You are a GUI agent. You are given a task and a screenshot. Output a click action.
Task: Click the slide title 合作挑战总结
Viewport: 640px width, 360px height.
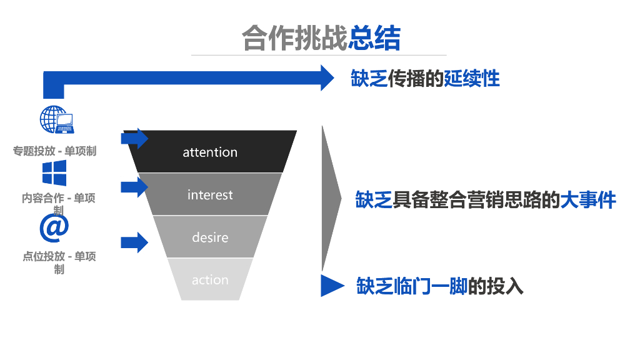[321, 38]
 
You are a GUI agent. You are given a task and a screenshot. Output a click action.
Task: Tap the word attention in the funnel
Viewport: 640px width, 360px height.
[210, 152]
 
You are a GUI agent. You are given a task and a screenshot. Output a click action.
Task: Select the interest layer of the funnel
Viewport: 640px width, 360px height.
[210, 194]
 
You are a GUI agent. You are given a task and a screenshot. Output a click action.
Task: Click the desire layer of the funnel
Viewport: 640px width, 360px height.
[210, 237]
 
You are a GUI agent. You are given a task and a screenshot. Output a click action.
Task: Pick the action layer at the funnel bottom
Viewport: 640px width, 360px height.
[210, 280]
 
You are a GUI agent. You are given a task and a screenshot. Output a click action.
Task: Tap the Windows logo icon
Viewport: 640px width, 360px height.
[54, 172]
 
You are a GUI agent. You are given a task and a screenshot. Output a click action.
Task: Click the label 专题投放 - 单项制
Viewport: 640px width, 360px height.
[55, 151]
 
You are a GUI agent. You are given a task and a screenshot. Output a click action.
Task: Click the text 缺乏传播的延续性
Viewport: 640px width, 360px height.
[425, 78]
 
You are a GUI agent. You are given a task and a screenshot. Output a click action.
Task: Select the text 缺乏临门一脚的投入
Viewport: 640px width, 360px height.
[439, 286]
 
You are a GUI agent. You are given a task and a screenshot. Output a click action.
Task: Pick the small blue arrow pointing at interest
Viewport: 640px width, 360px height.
[135, 186]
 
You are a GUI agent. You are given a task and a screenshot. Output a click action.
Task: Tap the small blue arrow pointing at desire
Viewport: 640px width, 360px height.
[135, 242]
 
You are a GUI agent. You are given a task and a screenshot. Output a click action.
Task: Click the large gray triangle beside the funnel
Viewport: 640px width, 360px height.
[329, 199]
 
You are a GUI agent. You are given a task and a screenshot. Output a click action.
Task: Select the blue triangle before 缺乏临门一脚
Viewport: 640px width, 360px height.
[331, 285]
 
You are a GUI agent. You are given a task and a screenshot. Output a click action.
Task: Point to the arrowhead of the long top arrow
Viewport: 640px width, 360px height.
[327, 77]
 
